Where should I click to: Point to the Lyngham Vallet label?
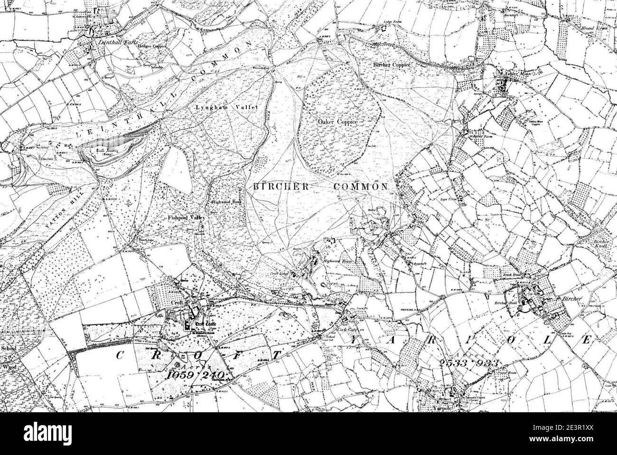click(227, 108)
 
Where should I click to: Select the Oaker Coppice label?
click(337, 122)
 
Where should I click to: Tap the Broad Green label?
click(594, 28)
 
